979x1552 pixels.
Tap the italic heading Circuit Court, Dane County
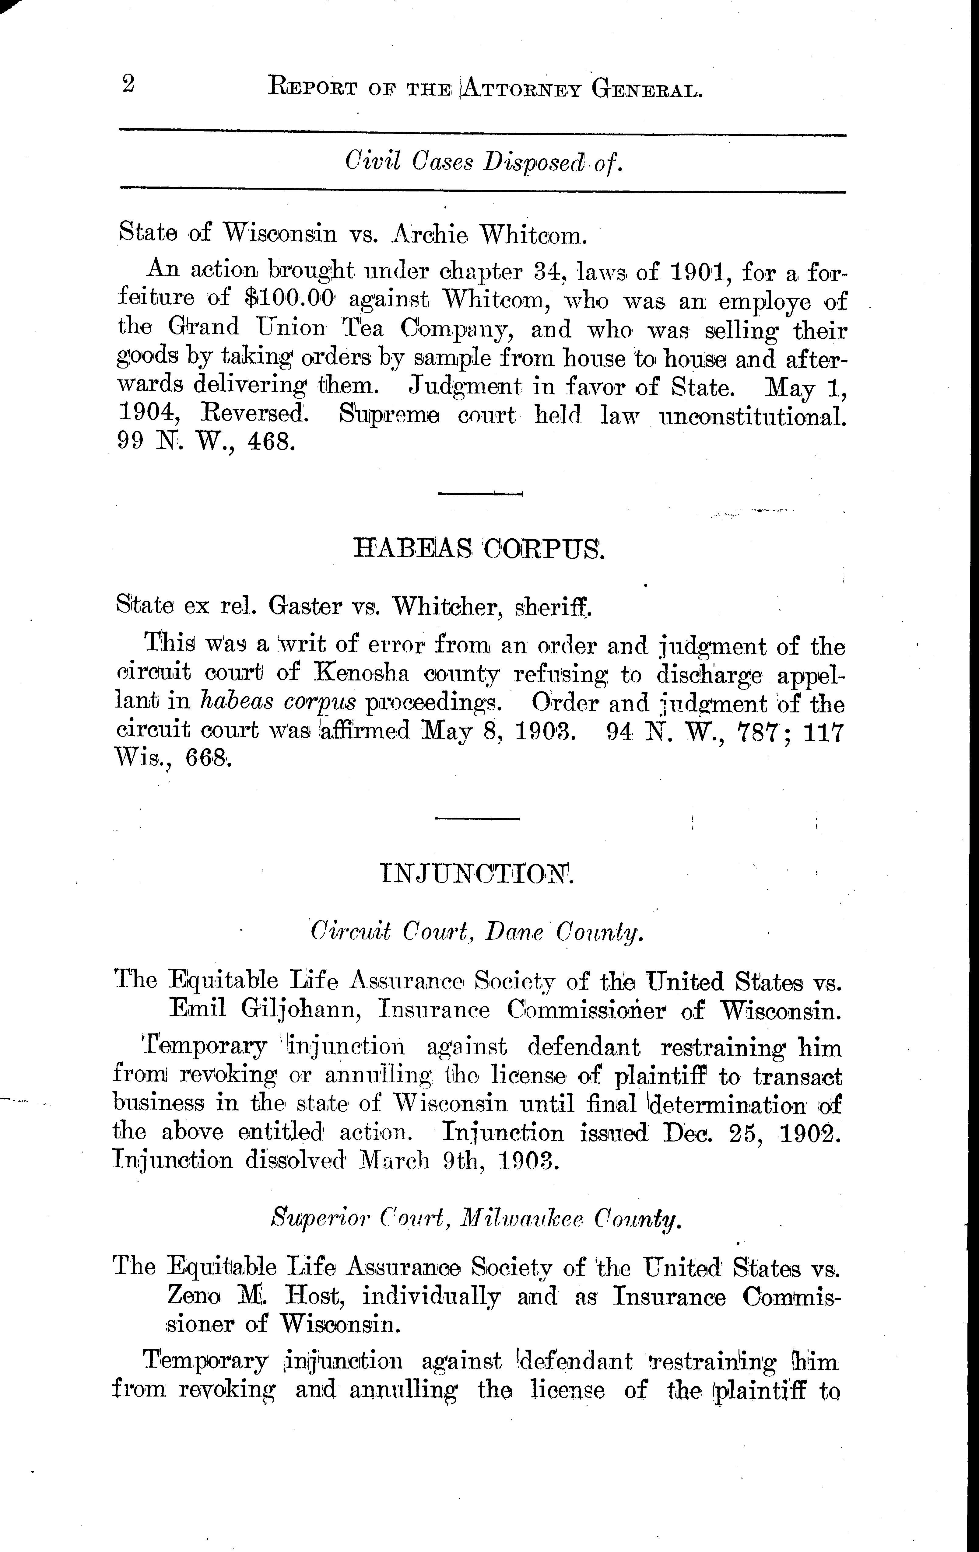pos(477,933)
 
